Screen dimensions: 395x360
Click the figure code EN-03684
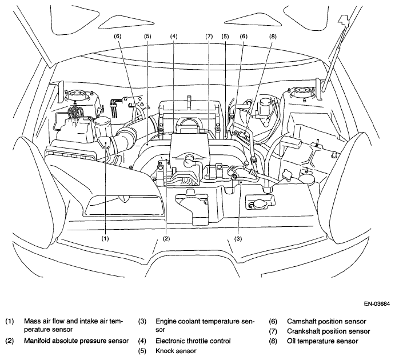pos(377,304)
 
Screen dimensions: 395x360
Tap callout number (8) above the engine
pos(273,37)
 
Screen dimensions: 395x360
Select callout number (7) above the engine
pos(209,37)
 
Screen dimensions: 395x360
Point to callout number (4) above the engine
pos(174,37)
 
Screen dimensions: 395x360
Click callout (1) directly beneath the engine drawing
pos(105,238)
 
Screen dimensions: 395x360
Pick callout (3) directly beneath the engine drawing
pos(238,238)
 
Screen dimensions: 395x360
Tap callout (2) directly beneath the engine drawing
pos(166,238)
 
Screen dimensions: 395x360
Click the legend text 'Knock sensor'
pos(176,351)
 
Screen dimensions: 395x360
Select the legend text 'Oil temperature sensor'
pos(322,341)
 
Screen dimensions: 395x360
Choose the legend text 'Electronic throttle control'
pos(193,341)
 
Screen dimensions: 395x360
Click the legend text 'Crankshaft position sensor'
pos(329,331)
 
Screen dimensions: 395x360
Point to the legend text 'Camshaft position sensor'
pos(326,322)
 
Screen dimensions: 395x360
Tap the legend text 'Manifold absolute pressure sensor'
pos(77,341)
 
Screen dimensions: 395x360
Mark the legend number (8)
pos(273,341)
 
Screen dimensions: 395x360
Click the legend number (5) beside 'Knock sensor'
pos(142,351)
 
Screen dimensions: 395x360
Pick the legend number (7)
pos(273,331)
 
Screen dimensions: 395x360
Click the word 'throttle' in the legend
pos(198,341)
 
